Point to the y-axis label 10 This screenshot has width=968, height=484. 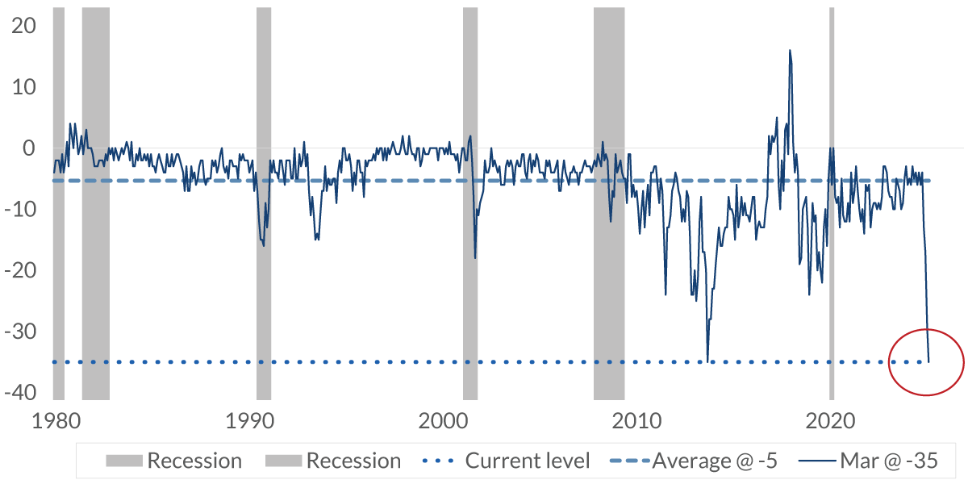pos(24,87)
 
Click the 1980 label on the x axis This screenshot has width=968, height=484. pos(54,420)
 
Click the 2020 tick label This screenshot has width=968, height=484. pos(831,420)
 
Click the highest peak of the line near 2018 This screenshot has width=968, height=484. pos(790,50)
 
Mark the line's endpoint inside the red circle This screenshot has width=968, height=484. pos(928,361)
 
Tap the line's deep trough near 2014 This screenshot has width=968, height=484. pos(707,361)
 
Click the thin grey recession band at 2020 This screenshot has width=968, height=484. pos(832,202)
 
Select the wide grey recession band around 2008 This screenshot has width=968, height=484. pos(609,202)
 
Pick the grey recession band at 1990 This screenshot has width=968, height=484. pos(264,202)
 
